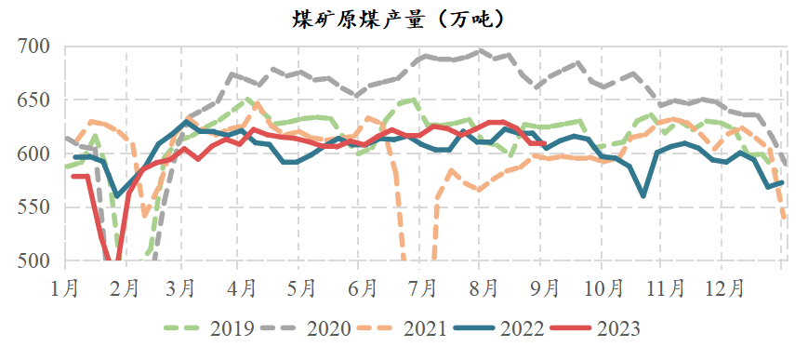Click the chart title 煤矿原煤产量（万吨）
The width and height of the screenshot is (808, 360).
coord(404,17)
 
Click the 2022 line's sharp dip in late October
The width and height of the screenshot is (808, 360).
coord(643,195)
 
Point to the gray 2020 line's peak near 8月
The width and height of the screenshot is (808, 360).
coord(481,51)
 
